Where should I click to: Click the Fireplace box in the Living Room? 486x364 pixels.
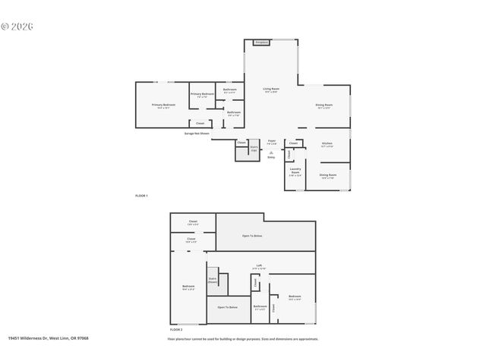pos(262,43)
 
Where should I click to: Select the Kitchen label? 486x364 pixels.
pos(327,144)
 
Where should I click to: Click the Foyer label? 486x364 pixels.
pos(271,141)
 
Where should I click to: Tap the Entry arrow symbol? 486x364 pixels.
pos(271,153)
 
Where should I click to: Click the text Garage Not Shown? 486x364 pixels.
pos(197,133)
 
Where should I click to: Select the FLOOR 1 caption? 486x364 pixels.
pos(141,196)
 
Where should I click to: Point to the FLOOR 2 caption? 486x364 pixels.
pos(176,330)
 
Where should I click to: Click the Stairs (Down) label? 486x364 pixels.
pos(213,280)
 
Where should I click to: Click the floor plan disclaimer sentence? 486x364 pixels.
pos(243,339)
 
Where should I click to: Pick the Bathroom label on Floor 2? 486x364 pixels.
pos(260,307)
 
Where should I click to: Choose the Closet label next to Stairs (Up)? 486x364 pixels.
pos(241,143)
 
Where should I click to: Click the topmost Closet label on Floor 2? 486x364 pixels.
pos(193,222)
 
